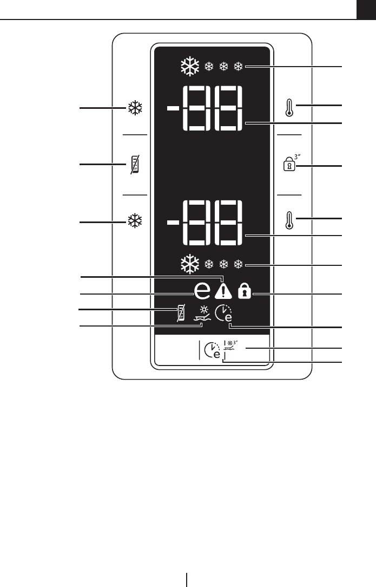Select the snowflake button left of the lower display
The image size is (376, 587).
pos(135,221)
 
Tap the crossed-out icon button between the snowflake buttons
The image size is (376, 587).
pos(135,164)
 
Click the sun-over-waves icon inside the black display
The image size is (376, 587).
pos(202,314)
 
